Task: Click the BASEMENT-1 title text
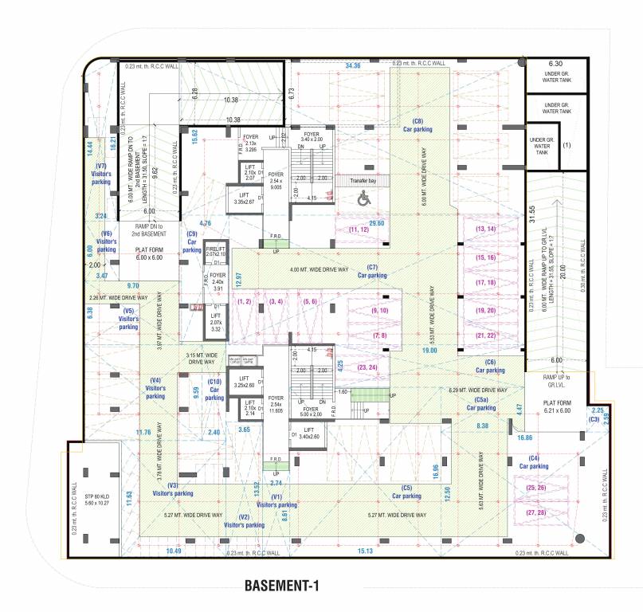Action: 282,586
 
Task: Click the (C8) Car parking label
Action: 418,124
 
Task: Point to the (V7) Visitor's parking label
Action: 101,174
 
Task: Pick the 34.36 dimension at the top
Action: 352,66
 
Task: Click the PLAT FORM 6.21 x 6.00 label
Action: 557,408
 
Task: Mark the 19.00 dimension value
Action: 429,351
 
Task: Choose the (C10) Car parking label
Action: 214,390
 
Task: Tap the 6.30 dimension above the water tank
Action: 555,64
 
